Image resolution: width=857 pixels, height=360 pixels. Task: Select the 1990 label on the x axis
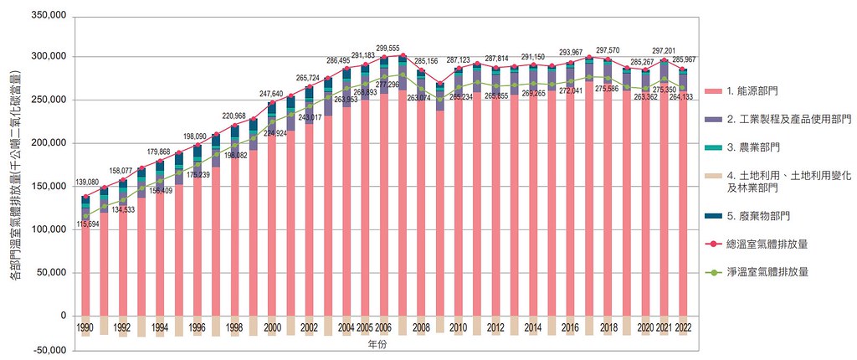pyautogui.click(x=85, y=327)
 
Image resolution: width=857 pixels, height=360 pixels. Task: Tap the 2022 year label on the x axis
pyautogui.click(x=683, y=327)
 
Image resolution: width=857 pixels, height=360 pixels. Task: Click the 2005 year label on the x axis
pyautogui.click(x=365, y=327)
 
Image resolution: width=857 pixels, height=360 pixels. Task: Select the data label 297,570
pyautogui.click(x=609, y=50)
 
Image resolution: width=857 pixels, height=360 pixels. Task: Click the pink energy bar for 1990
pyautogui.click(x=85, y=268)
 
